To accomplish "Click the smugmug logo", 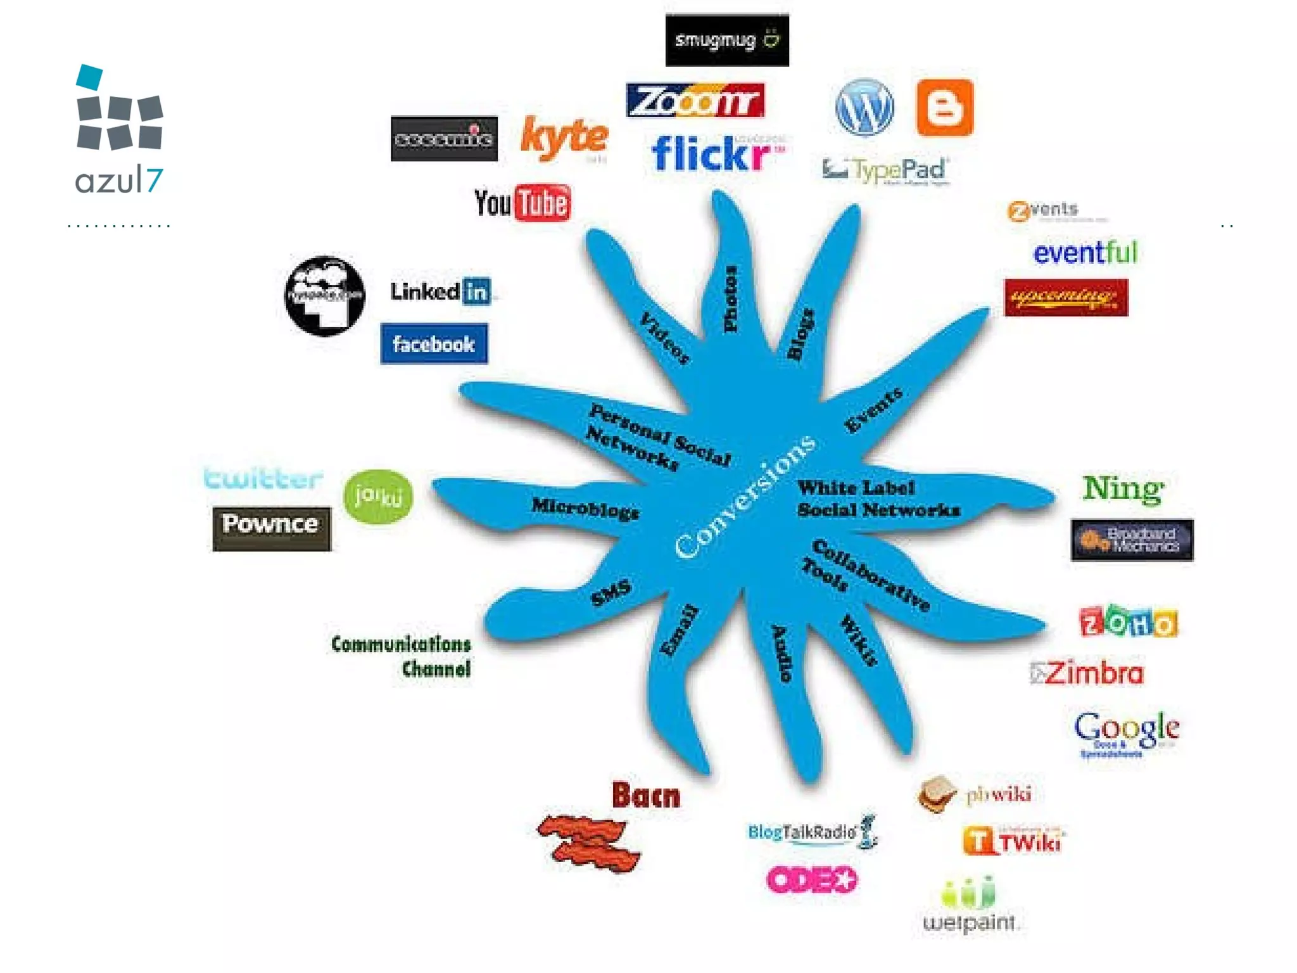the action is click(726, 40).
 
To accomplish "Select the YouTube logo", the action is click(522, 203).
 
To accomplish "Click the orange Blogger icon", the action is click(944, 108).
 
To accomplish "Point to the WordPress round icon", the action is click(864, 107).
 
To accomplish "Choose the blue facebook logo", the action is click(434, 344).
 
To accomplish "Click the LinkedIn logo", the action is click(441, 291).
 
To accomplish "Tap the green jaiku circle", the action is click(378, 496).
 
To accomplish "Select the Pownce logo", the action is click(271, 528).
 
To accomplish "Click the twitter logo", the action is click(263, 478).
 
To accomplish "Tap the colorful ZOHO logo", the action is click(1128, 622).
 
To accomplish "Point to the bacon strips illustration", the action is click(589, 843).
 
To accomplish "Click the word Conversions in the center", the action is click(745, 497).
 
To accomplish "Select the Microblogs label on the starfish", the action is click(585, 508).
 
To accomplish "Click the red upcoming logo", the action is click(1066, 297).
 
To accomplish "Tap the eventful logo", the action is click(1085, 253).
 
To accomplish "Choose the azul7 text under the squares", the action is click(119, 181).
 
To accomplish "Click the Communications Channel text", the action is click(402, 656).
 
